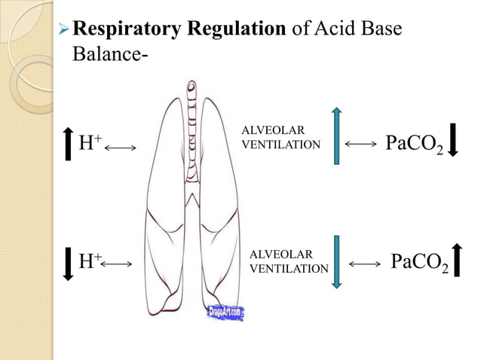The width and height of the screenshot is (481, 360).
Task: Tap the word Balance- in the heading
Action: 105,55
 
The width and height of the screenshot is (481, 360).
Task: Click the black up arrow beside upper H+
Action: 66,142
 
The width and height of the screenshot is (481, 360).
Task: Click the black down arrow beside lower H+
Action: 66,264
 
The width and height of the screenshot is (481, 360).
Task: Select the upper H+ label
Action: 90,144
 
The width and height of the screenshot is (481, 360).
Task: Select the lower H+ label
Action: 90,262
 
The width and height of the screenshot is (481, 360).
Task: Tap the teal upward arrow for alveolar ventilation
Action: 336,136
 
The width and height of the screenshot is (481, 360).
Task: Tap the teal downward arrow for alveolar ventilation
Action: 336,261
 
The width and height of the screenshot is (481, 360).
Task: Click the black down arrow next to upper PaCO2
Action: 453,139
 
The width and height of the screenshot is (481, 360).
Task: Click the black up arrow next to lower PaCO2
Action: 458,261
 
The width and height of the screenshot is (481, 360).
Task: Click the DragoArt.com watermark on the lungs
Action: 225,312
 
